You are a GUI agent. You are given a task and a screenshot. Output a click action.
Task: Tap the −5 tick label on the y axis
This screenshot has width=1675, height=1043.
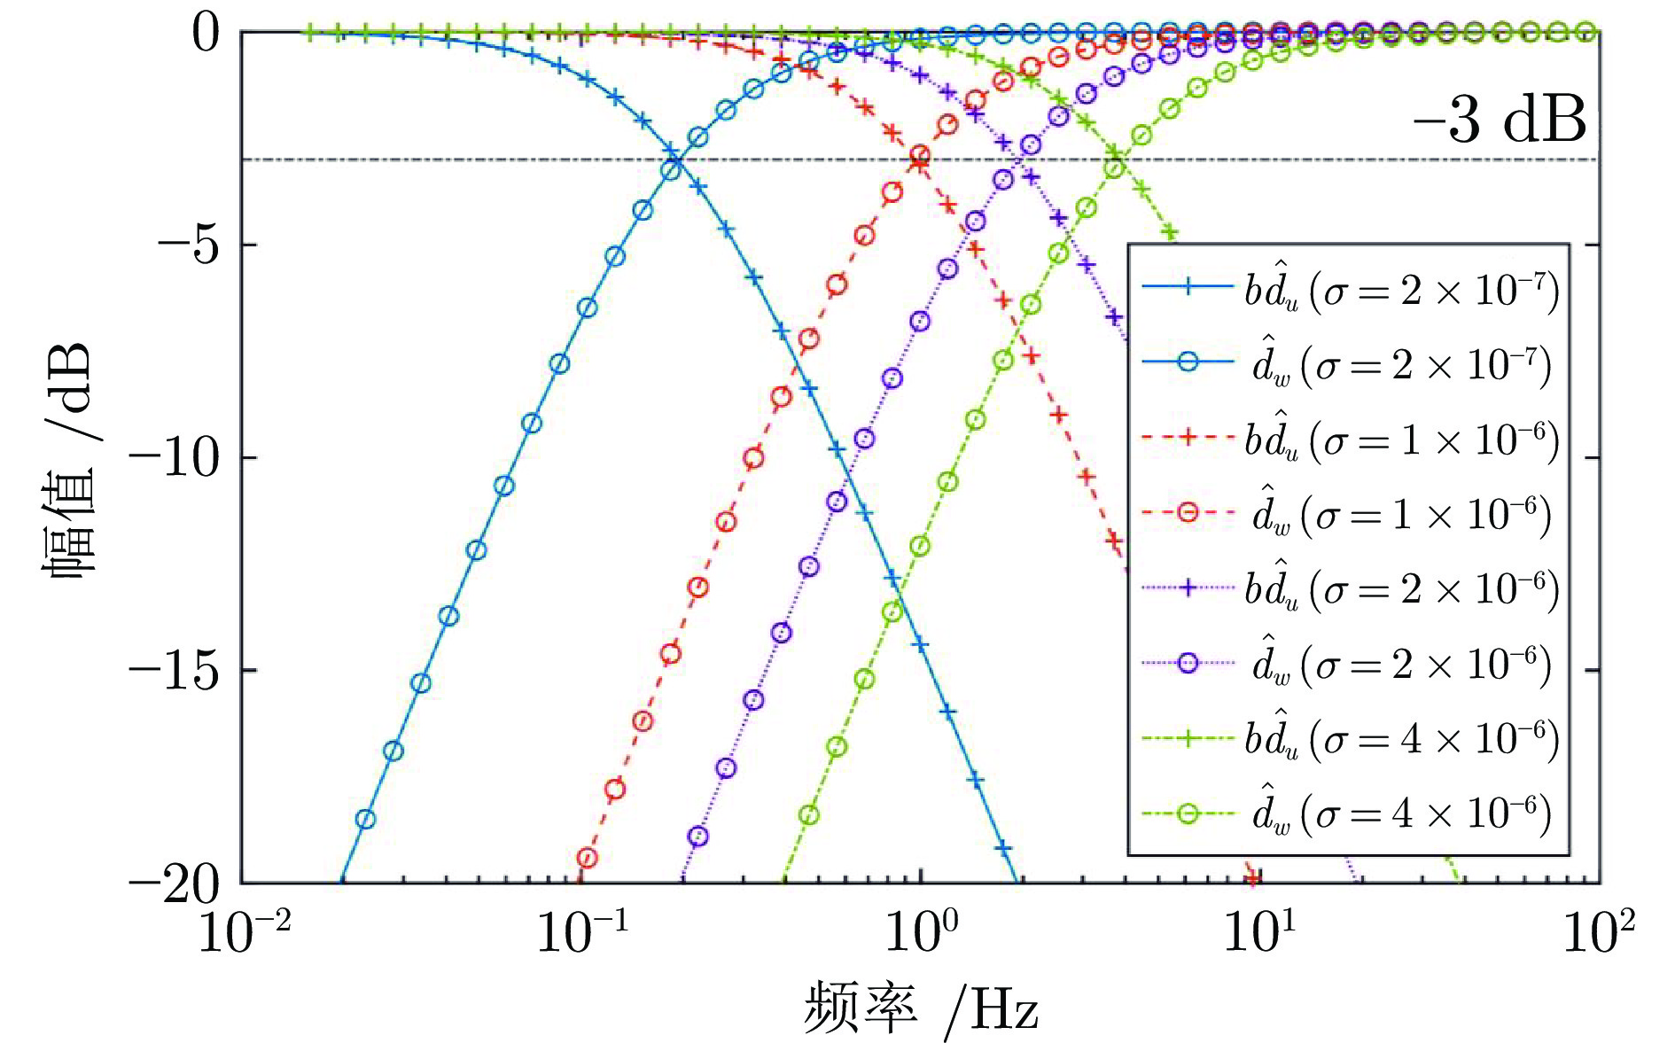click(x=188, y=245)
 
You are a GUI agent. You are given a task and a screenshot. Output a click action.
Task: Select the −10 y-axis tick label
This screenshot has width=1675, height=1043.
click(x=175, y=458)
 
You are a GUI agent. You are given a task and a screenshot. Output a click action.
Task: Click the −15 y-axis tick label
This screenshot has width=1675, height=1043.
click(x=175, y=671)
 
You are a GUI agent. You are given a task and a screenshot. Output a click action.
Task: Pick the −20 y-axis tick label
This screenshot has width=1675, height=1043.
click(x=175, y=883)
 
